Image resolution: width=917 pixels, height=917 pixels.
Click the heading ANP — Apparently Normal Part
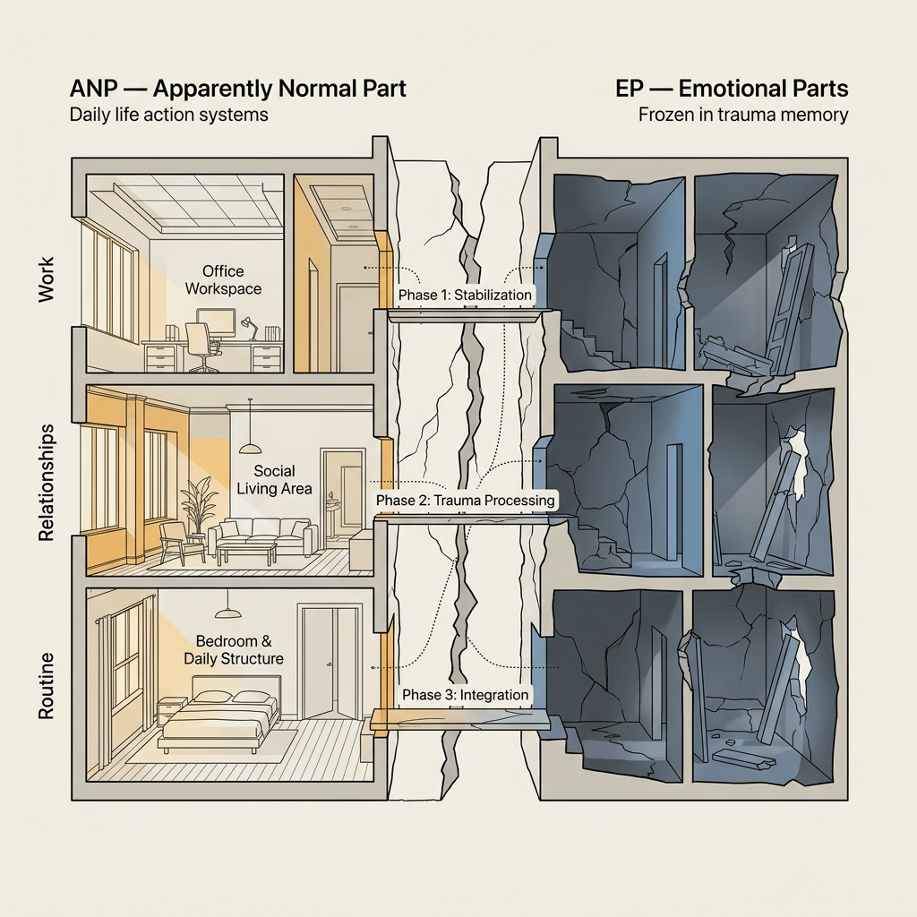237,89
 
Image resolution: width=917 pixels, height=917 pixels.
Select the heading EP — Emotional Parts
732,89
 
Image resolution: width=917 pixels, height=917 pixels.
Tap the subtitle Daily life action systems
168,114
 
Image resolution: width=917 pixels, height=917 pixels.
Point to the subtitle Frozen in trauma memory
742,114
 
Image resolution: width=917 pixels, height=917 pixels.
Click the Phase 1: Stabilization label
465,295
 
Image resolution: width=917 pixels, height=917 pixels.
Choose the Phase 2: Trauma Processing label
465,501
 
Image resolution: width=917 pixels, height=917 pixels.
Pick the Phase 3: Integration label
465,695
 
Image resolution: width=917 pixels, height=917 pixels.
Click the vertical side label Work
46,279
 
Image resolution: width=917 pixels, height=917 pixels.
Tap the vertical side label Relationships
46,483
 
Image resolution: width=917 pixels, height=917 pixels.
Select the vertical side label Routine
46,685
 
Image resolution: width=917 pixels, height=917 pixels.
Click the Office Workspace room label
223,280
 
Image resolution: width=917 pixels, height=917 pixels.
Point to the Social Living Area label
274,480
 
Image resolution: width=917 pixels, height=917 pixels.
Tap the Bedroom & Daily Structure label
234,650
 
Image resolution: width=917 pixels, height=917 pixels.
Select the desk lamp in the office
250,328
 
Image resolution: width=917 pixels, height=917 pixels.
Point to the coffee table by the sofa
246,553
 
